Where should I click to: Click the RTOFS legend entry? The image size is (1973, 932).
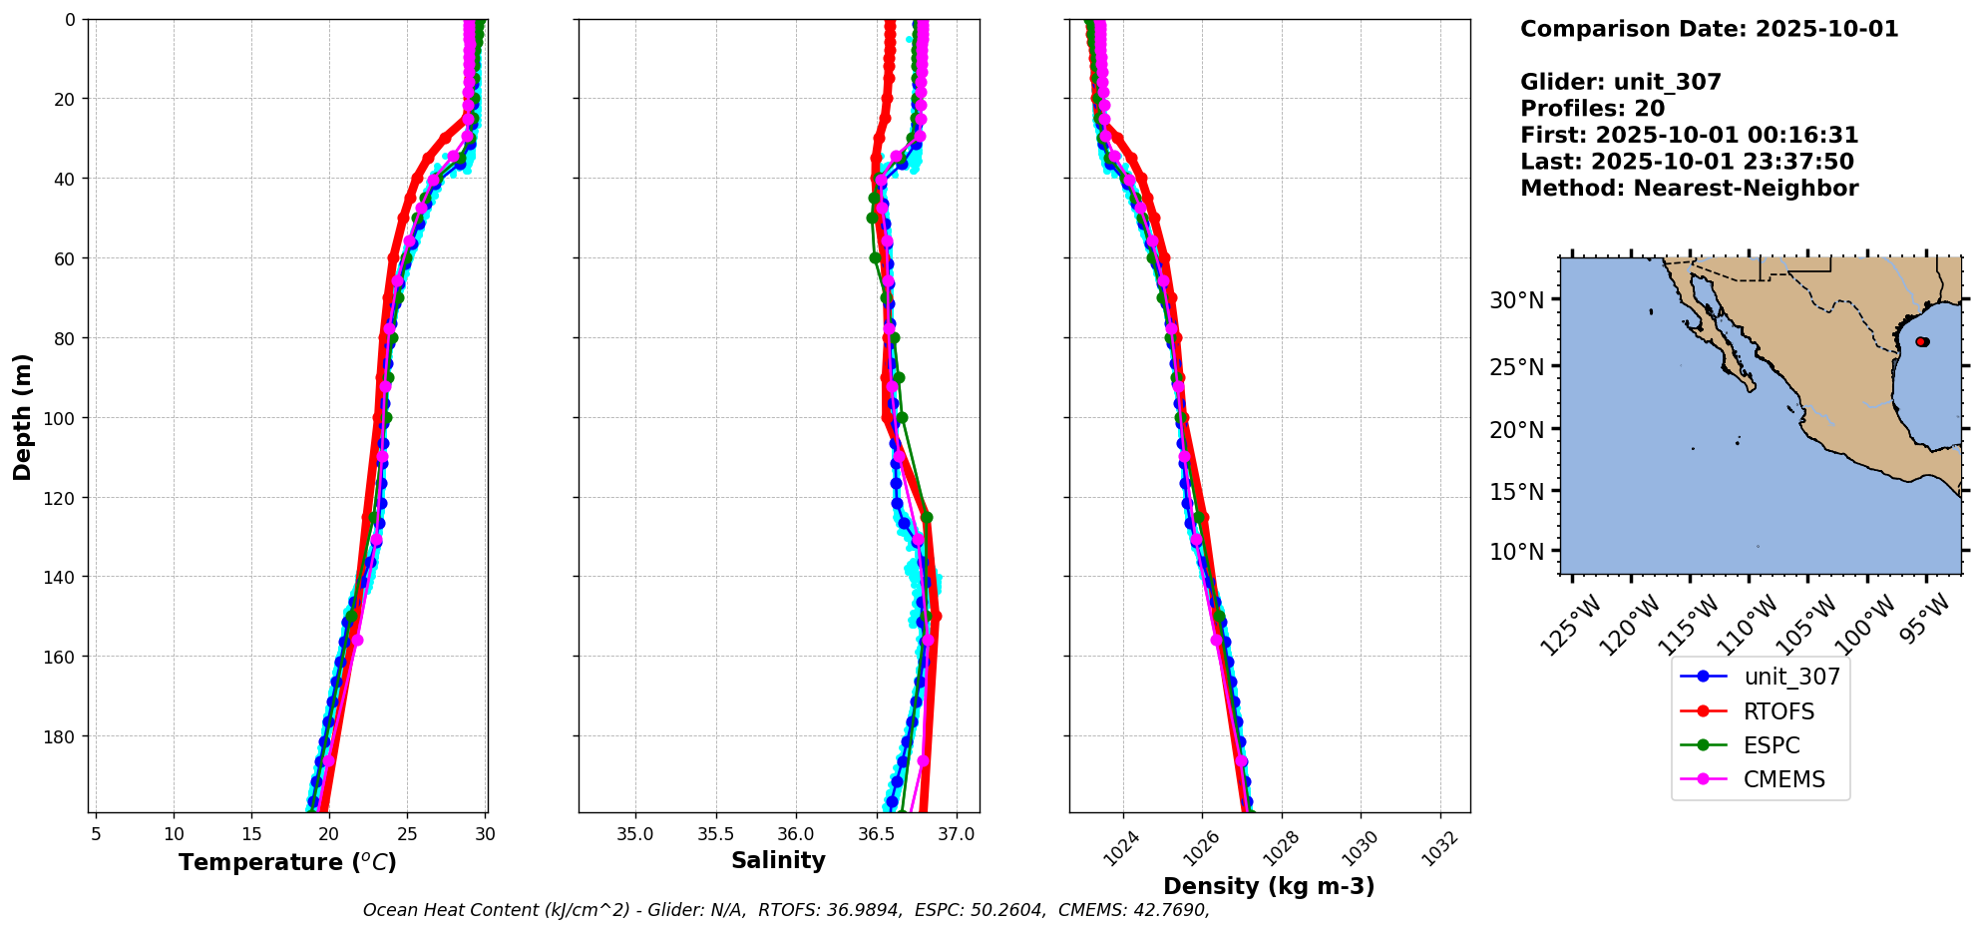1778,711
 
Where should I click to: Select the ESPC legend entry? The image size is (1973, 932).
1772,745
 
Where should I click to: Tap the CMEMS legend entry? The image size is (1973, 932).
1783,779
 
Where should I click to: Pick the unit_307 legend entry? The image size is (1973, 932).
1791,677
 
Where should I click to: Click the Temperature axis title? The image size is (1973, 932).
287,862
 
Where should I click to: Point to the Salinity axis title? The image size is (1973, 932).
778,860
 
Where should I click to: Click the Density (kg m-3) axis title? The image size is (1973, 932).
1269,886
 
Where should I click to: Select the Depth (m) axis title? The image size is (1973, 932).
22,416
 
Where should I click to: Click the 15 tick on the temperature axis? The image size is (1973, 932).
251,834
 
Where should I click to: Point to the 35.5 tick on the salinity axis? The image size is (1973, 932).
715,834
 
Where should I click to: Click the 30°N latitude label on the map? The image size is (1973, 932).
1516,300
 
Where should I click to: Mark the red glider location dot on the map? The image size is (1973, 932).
1922,341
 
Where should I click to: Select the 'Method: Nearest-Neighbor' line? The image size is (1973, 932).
1689,189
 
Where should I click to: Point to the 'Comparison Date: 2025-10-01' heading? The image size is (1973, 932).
1709,29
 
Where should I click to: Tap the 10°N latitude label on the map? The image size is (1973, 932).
1516,552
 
